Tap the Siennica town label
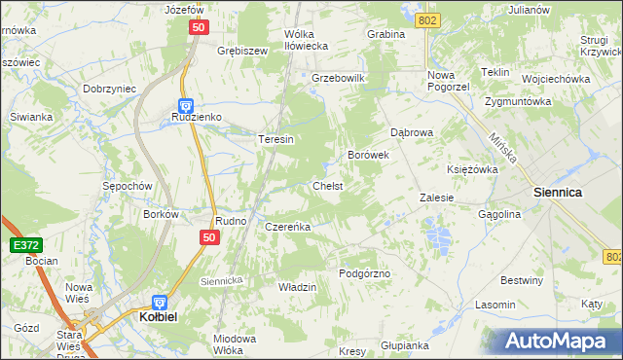point(558,193)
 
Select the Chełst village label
point(327,185)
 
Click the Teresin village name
point(275,139)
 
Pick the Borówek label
point(369,154)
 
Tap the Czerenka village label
point(287,227)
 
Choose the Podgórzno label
point(364,273)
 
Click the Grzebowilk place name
point(337,78)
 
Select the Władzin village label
point(298,287)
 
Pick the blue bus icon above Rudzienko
point(185,104)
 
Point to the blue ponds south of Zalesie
point(436,234)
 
